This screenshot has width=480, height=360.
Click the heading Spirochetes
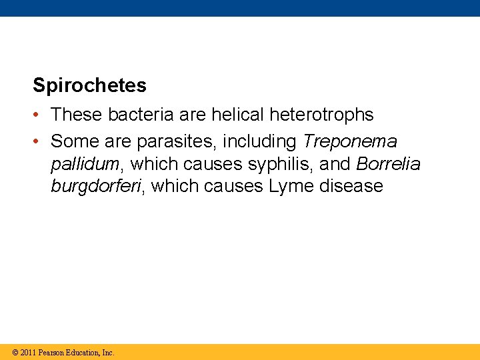[x=89, y=85]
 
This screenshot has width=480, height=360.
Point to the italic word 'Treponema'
[x=350, y=141]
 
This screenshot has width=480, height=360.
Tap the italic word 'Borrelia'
[x=389, y=163]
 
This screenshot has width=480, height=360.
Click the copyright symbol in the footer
[x=16, y=352]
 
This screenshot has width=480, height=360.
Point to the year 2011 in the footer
[x=28, y=352]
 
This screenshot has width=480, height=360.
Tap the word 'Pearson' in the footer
[x=53, y=352]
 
